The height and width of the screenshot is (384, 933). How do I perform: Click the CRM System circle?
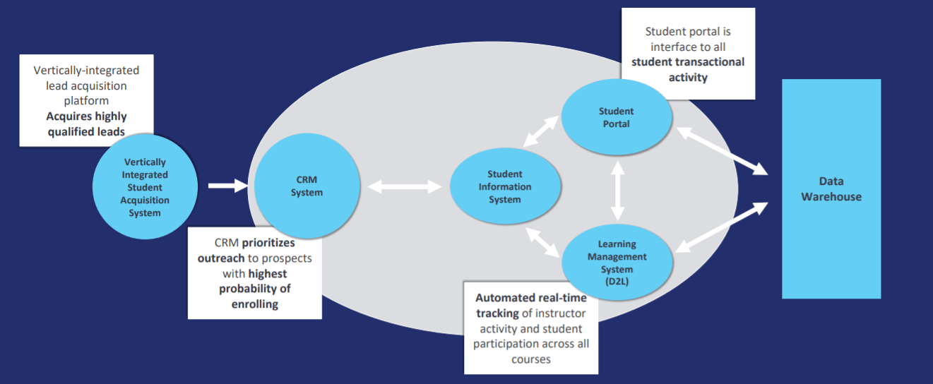click(x=307, y=186)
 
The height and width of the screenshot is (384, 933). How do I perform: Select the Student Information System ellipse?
click(x=505, y=186)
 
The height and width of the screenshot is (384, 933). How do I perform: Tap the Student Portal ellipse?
click(x=617, y=117)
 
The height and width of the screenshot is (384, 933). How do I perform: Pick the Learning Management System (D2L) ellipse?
click(x=617, y=262)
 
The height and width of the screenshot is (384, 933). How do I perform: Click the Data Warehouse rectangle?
click(x=831, y=188)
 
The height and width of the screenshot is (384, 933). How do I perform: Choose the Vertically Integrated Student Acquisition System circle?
click(x=145, y=186)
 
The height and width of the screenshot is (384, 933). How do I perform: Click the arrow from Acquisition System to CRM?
click(x=228, y=186)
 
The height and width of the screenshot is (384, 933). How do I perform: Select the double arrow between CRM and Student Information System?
click(x=405, y=186)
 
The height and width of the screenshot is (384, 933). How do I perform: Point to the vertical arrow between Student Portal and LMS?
click(x=617, y=191)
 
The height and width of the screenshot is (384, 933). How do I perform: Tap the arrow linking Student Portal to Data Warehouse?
click(x=722, y=151)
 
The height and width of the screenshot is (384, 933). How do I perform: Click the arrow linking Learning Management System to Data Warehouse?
click(x=722, y=227)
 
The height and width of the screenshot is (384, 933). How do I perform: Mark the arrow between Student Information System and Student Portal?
click(x=540, y=131)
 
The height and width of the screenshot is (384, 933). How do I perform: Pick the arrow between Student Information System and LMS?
click(x=542, y=242)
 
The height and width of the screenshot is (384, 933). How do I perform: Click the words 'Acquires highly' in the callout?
click(x=86, y=116)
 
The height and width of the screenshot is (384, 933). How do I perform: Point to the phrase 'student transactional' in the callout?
click(x=688, y=62)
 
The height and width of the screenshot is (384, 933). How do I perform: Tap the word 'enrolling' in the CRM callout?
click(x=255, y=304)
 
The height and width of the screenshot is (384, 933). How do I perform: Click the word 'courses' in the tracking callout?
click(x=531, y=359)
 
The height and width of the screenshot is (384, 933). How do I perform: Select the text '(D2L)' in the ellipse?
click(x=617, y=282)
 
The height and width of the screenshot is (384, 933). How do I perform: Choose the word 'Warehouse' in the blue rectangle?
click(x=831, y=196)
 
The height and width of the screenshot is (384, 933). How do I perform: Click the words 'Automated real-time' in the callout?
click(x=531, y=298)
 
